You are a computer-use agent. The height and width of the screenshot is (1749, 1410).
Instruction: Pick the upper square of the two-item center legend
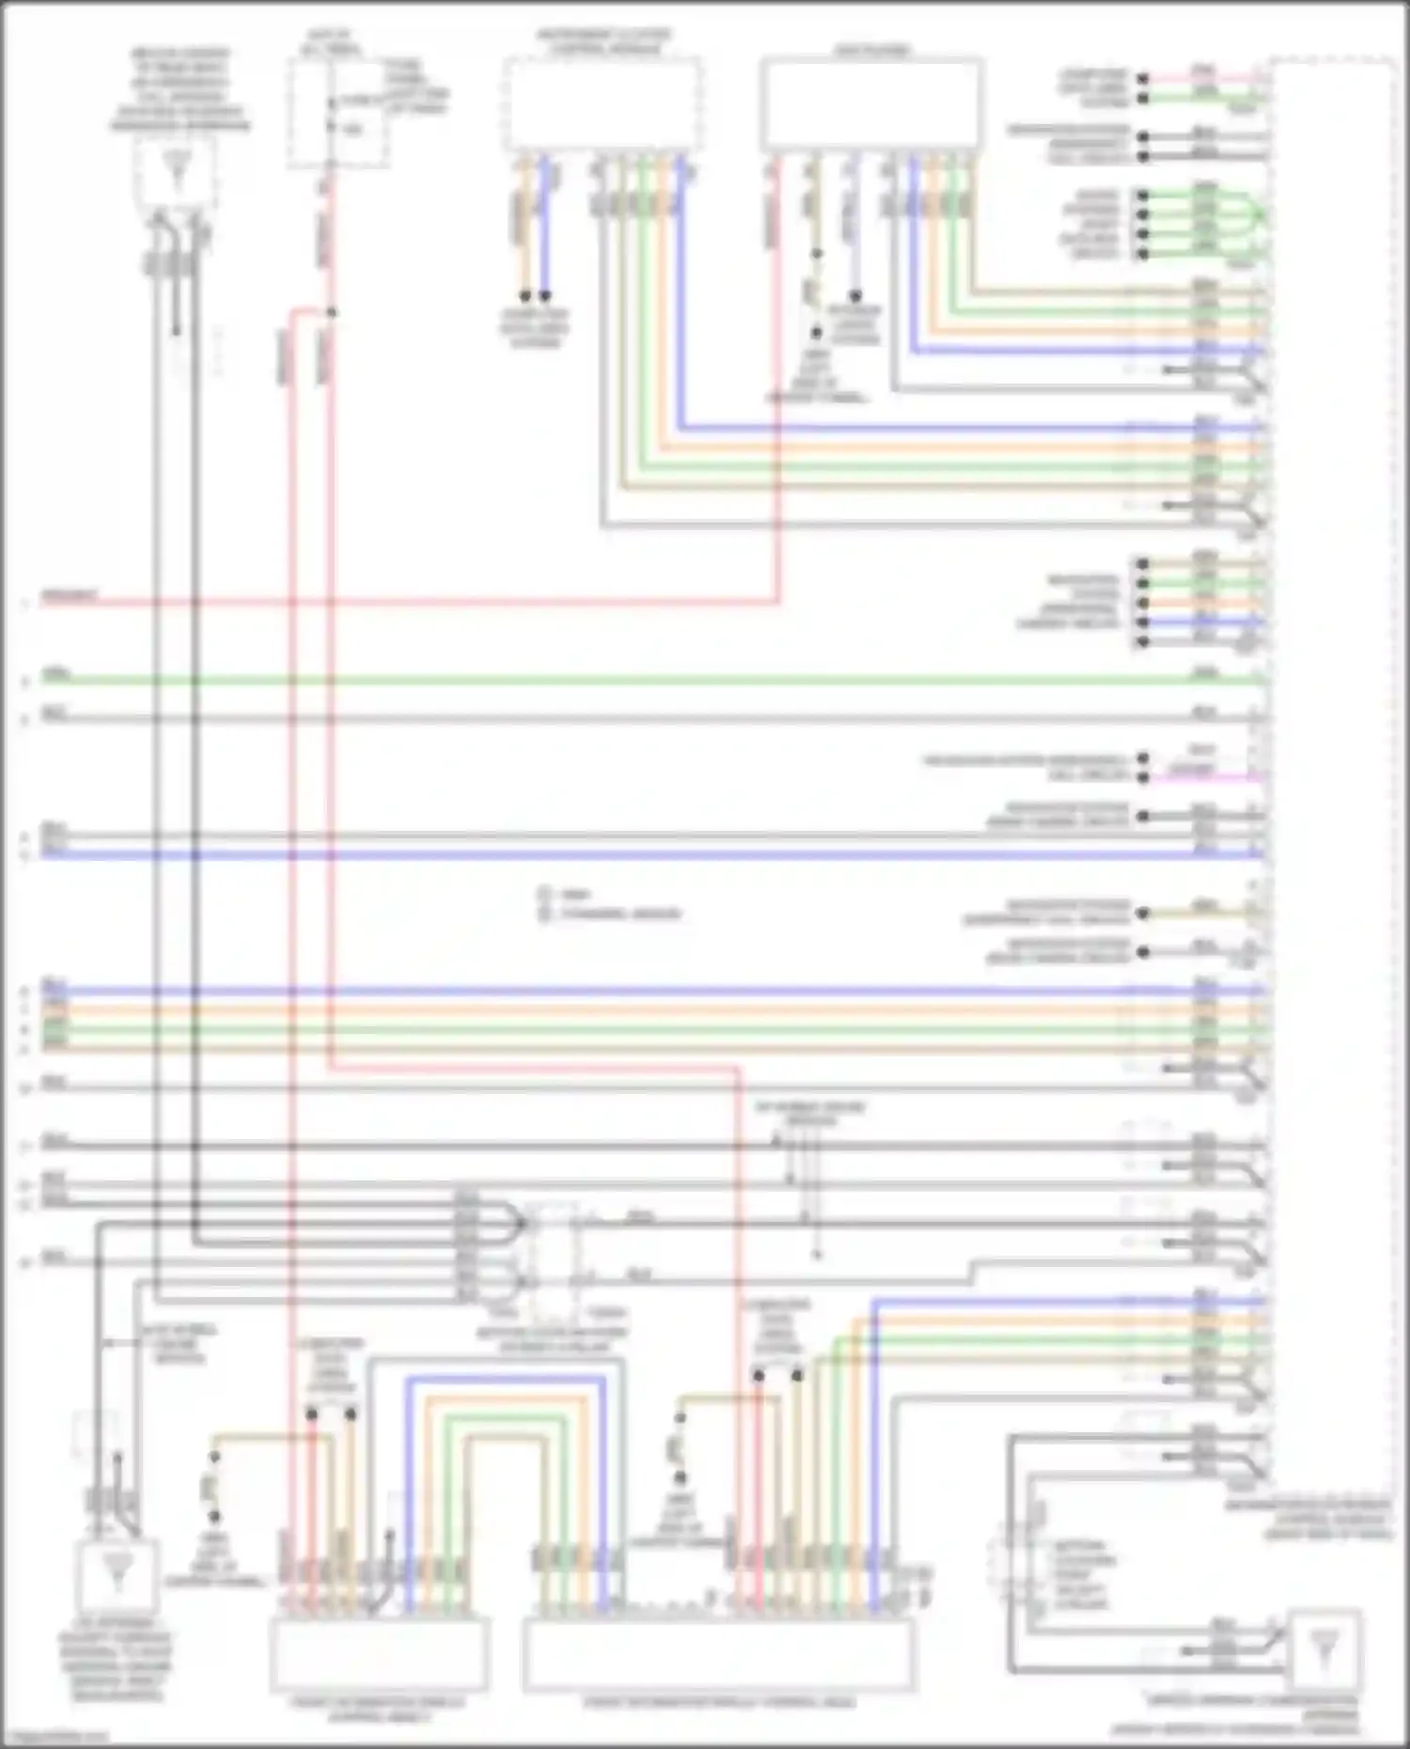pos(543,894)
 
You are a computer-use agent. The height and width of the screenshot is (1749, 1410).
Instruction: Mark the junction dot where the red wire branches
pos(331,312)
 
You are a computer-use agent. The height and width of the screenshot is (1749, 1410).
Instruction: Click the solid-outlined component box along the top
pos(871,103)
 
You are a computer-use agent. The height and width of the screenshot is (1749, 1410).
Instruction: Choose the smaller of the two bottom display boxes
pos(379,1653)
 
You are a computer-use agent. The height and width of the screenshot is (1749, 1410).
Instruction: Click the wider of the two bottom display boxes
pos(718,1653)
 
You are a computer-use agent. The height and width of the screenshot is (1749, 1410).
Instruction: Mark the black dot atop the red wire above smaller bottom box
pos(311,1413)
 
